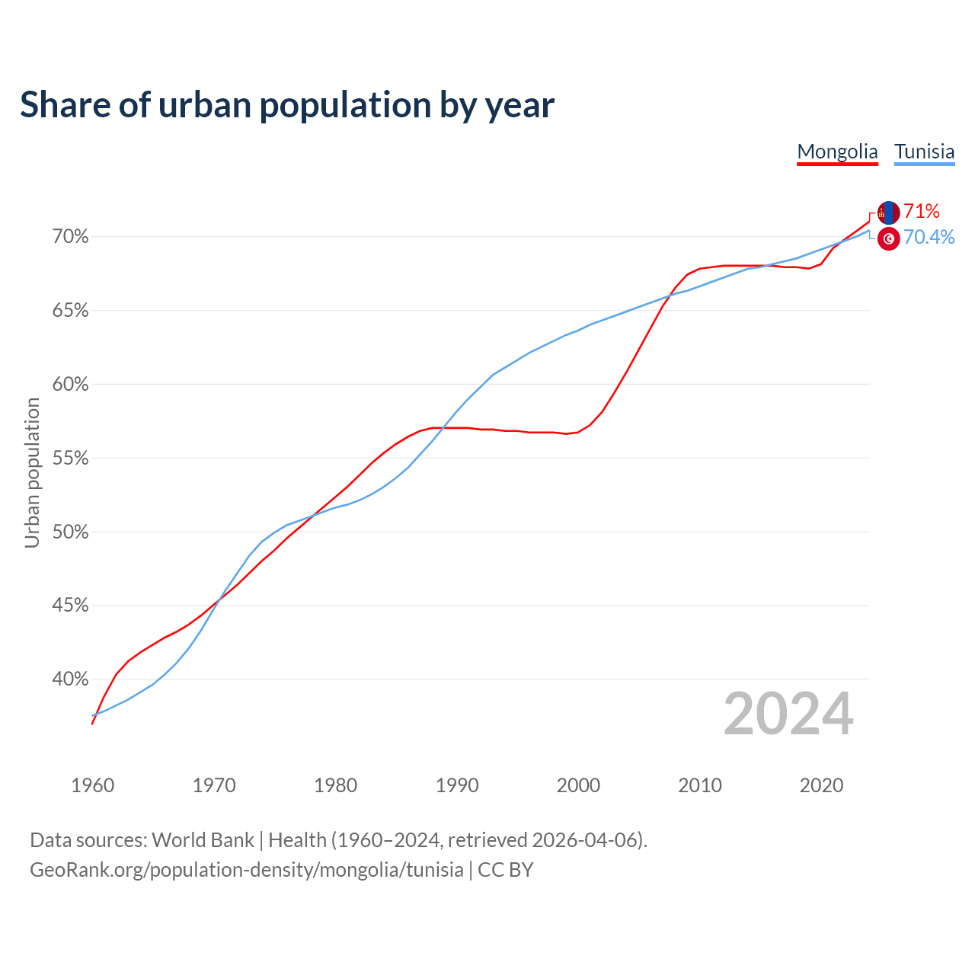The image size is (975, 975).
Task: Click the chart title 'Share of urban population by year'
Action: click(x=287, y=105)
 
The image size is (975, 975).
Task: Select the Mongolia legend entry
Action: click(x=837, y=152)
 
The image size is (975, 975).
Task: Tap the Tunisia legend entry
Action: click(x=924, y=152)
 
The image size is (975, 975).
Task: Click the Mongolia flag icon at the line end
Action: click(x=888, y=213)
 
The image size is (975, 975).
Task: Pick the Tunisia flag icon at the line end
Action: click(x=888, y=238)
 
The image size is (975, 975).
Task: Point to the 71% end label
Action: click(x=922, y=211)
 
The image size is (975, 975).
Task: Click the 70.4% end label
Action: click(x=929, y=238)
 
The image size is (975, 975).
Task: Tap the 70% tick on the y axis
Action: click(x=70, y=237)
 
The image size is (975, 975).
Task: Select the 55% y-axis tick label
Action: click(x=70, y=459)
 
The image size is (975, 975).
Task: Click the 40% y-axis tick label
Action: click(x=70, y=679)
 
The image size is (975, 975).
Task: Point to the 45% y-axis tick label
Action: click(x=70, y=606)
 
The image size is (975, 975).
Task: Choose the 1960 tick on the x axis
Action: click(x=92, y=785)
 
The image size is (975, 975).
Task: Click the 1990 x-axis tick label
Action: click(x=457, y=785)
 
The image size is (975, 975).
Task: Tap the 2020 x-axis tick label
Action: click(x=821, y=785)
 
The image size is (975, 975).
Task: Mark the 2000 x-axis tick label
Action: click(x=578, y=785)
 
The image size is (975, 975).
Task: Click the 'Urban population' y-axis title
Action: click(x=32, y=472)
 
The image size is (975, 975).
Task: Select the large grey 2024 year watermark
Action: click(x=788, y=714)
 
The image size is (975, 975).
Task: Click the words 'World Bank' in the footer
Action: click(x=203, y=840)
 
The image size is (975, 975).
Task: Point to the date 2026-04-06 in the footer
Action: click(x=583, y=840)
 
